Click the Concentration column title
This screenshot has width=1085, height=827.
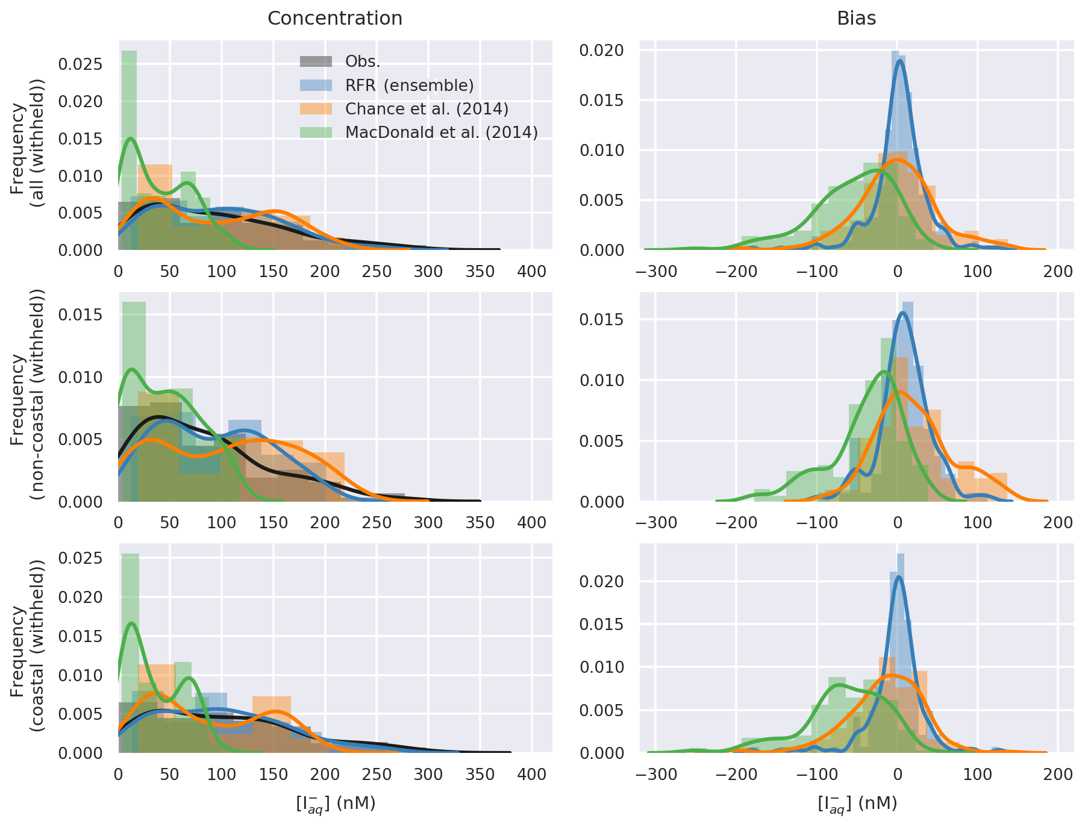[335, 19]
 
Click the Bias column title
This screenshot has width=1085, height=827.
[856, 19]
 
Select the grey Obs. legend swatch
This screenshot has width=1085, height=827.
[316, 61]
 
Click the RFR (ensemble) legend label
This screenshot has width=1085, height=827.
[410, 86]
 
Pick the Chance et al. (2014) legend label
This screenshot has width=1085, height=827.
[427, 109]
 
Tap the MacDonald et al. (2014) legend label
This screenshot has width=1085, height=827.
[441, 133]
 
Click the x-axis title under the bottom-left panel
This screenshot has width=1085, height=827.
[335, 804]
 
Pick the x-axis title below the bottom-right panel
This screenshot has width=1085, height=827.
[856, 804]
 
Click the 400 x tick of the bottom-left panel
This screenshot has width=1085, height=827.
[532, 775]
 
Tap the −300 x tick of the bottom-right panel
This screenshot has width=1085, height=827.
[655, 775]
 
